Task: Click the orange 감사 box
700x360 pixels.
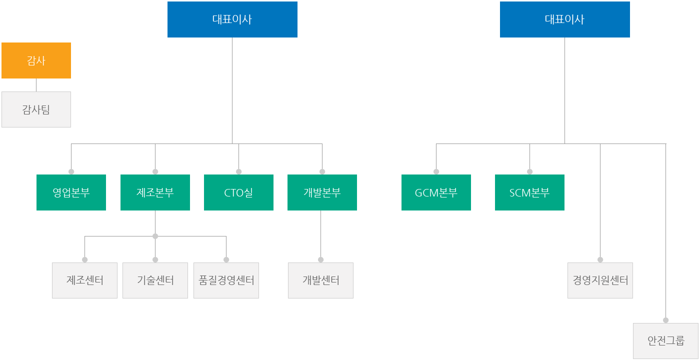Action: (x=36, y=60)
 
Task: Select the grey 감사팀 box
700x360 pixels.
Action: (x=36, y=109)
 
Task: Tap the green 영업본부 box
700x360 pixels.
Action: (x=71, y=192)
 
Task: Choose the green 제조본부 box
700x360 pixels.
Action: (x=155, y=192)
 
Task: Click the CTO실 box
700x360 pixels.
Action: (x=239, y=192)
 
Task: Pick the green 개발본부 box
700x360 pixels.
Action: (x=322, y=192)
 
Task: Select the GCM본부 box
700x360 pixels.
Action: (x=436, y=192)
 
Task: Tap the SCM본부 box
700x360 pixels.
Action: (x=529, y=192)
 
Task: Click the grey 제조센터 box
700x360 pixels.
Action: (x=84, y=280)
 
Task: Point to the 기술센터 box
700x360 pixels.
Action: (x=155, y=280)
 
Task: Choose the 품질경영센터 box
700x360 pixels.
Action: (x=226, y=280)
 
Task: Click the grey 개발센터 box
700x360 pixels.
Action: (x=320, y=280)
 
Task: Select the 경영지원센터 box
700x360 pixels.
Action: (x=600, y=280)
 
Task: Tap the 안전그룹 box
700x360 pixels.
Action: (x=665, y=341)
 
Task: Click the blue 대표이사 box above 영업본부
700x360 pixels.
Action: (x=232, y=19)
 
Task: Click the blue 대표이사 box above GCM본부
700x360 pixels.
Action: (x=565, y=19)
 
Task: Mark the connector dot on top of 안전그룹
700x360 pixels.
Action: (x=665, y=320)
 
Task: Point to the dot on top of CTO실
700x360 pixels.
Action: (x=239, y=171)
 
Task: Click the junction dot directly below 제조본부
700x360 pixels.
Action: (x=155, y=236)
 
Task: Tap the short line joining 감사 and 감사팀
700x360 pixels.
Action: (x=36, y=85)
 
